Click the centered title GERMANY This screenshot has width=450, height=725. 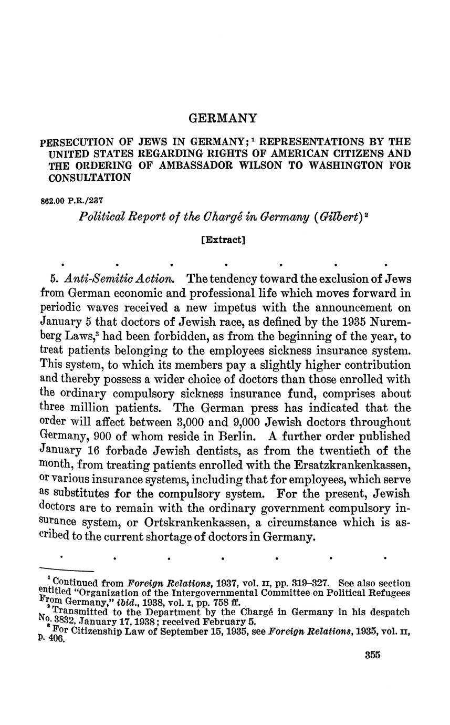pos(223,118)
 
